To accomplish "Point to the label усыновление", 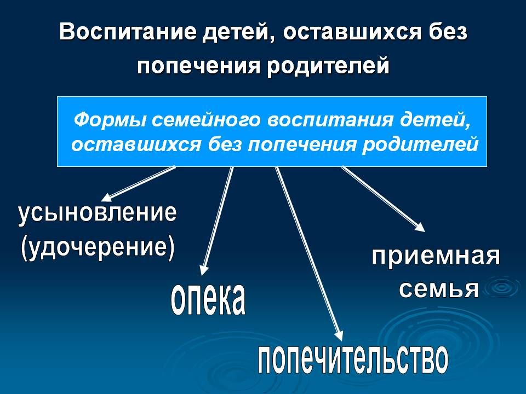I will (98, 213).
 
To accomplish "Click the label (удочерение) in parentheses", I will (98, 247).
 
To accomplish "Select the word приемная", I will (436, 256).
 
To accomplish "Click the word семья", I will (438, 288).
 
